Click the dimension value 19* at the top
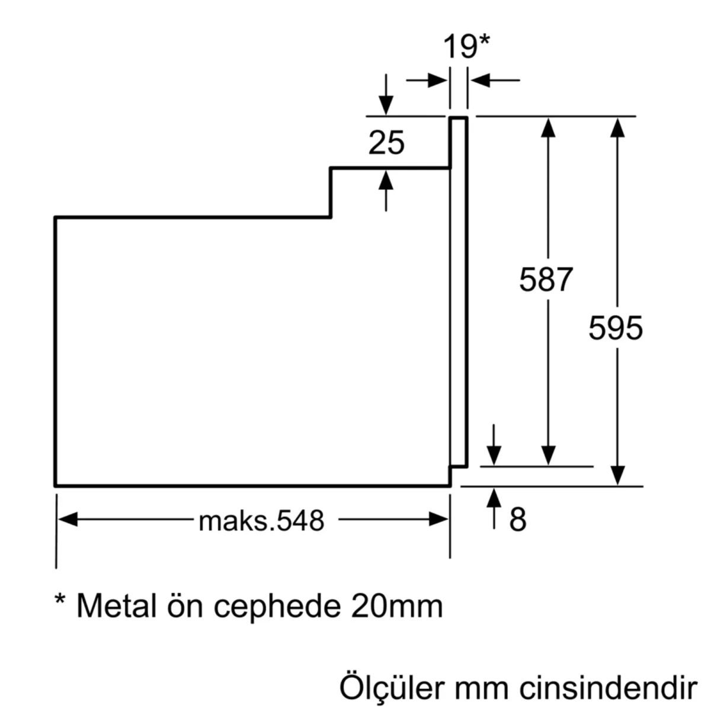[x=467, y=47]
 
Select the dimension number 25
[x=386, y=143]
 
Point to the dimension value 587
[x=546, y=280]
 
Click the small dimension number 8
[x=517, y=520]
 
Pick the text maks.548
[x=261, y=521]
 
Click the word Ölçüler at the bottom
[x=391, y=688]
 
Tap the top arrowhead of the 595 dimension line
[x=617, y=127]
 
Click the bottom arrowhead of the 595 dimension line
[x=617, y=476]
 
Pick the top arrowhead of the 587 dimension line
[x=549, y=127]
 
